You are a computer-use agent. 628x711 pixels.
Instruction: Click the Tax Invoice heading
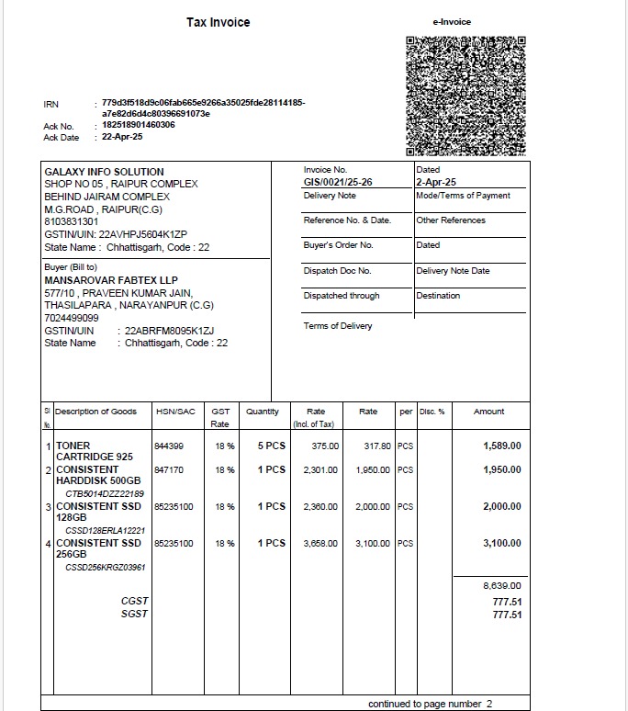point(218,22)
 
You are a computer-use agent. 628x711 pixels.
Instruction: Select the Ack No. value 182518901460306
point(138,125)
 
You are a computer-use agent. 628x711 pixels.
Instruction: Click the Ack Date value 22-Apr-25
point(122,137)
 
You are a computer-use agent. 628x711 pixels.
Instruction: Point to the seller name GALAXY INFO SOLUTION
point(104,172)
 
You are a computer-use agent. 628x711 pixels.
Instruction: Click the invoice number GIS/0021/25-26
point(338,182)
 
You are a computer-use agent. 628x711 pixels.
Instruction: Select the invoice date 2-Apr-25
point(436,182)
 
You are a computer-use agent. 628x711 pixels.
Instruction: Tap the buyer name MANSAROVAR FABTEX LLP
point(111,280)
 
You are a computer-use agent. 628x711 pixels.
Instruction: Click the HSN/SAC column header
point(175,412)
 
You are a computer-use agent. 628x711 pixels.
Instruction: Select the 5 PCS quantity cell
point(271,446)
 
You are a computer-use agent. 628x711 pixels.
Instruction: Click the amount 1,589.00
point(502,446)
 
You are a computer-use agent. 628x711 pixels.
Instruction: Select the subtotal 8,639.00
point(502,585)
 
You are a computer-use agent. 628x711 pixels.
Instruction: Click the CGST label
point(134,602)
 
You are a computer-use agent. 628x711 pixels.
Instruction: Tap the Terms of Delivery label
point(338,326)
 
